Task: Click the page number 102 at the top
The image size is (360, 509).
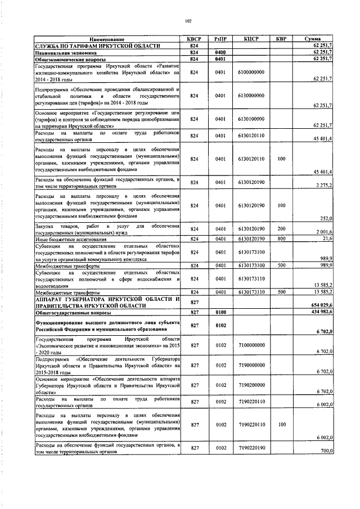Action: pos(188,21)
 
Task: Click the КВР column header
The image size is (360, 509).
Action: pos(281,39)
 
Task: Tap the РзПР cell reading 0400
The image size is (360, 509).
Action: pos(220,52)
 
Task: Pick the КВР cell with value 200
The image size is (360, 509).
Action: pos(281,228)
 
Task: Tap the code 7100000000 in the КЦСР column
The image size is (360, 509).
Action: pos(251,343)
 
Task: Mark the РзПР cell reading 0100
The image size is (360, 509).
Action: pos(220,312)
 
